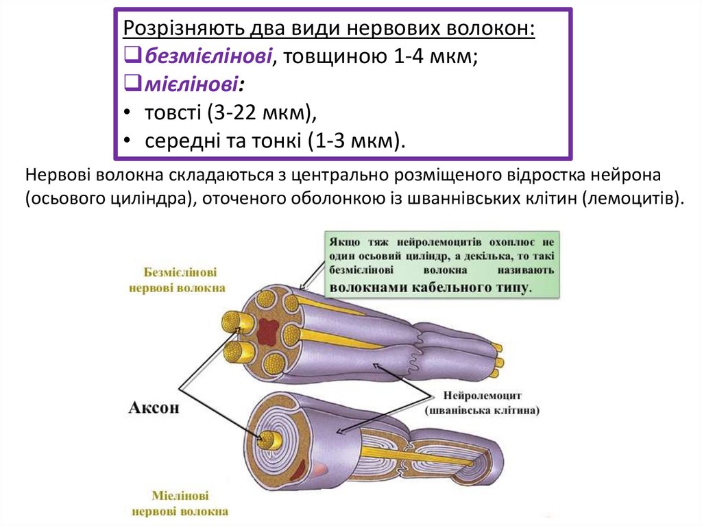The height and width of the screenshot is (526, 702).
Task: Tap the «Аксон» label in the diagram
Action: click(x=154, y=407)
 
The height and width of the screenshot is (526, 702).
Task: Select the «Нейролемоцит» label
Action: click(x=483, y=396)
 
